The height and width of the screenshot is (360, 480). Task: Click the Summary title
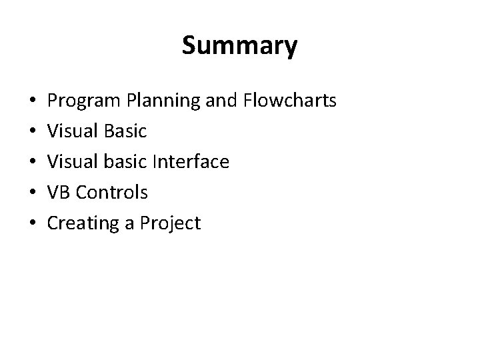(x=239, y=46)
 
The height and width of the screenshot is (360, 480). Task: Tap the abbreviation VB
(x=59, y=193)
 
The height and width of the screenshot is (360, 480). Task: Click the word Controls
(x=112, y=193)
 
